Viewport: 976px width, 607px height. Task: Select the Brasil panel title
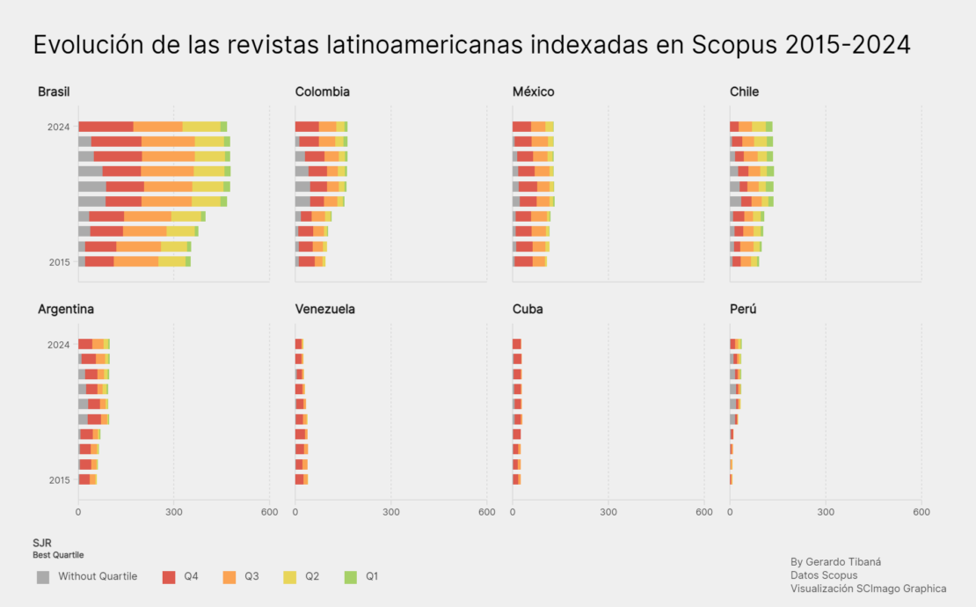(54, 91)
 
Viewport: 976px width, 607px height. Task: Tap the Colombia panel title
(323, 91)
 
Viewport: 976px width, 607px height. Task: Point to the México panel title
(533, 91)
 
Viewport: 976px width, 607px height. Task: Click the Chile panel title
(744, 91)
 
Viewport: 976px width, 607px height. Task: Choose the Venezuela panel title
(325, 310)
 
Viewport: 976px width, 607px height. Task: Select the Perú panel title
(743, 310)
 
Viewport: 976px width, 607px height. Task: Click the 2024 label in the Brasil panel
(59, 127)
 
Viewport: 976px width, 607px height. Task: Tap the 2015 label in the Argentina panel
(59, 480)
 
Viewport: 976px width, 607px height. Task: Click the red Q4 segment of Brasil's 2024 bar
(106, 127)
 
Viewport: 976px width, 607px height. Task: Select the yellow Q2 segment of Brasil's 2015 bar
(171, 261)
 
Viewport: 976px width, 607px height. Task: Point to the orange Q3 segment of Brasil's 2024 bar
(157, 127)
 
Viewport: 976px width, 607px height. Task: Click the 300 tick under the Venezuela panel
(391, 512)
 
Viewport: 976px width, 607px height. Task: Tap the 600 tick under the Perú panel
(921, 512)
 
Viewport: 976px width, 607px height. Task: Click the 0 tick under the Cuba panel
(513, 512)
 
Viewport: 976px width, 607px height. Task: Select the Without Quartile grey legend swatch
(43, 577)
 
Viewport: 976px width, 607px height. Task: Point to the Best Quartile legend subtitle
(58, 555)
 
